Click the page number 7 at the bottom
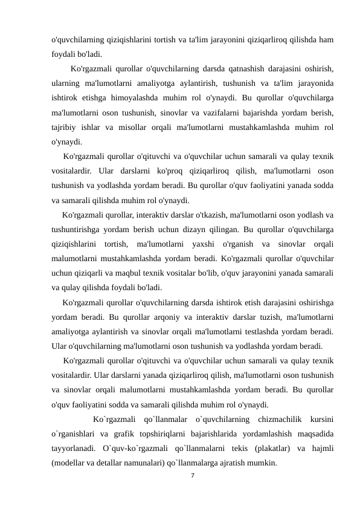coord(192,477)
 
